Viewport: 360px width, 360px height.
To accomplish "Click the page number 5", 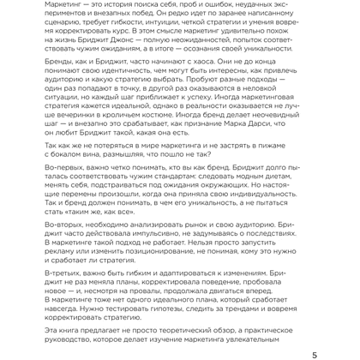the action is [x=351, y=351].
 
